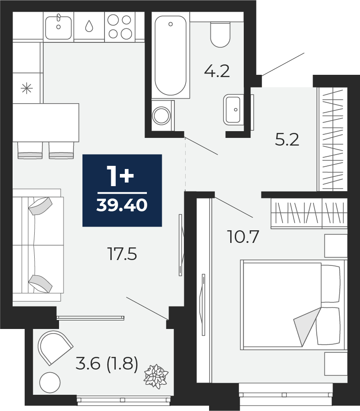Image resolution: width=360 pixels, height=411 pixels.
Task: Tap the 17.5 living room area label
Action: pyautogui.click(x=123, y=254)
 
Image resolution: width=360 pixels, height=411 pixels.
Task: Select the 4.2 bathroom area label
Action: pyautogui.click(x=217, y=71)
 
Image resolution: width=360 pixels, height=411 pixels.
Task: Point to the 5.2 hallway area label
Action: pyautogui.click(x=287, y=140)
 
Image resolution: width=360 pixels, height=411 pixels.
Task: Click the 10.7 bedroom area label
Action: pyautogui.click(x=244, y=237)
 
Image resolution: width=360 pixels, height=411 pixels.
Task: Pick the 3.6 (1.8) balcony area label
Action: pyautogui.click(x=107, y=364)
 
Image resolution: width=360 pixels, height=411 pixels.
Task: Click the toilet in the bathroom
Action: pyautogui.click(x=220, y=34)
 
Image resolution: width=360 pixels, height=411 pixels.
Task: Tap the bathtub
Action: pyautogui.click(x=171, y=55)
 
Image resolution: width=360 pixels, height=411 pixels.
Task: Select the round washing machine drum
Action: pyautogui.click(x=162, y=115)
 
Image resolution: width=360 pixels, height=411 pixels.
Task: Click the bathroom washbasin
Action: pyautogui.click(x=233, y=110)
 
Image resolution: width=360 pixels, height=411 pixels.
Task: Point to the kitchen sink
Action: pyautogui.click(x=59, y=27)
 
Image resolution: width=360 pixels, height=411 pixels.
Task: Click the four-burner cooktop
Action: pyautogui.click(x=120, y=27)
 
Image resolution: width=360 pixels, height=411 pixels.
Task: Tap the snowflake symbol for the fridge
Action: pyautogui.click(x=27, y=89)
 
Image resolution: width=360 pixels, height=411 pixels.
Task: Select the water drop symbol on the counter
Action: pyautogui.click(x=89, y=26)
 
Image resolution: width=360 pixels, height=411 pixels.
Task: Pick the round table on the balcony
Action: pyautogui.click(x=50, y=383)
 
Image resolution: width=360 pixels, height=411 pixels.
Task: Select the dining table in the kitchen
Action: pyautogui.click(x=46, y=123)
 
